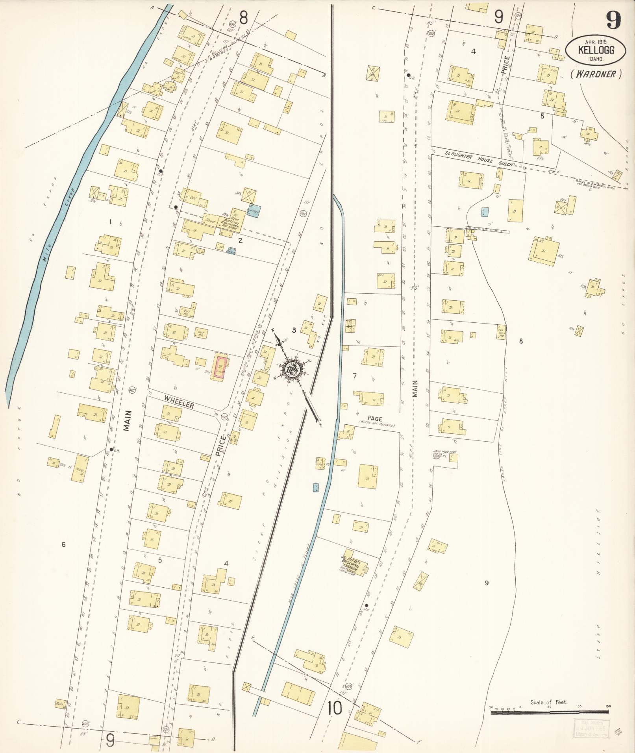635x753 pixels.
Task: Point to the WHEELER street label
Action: click(180, 402)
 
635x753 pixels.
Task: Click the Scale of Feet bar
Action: click(550, 712)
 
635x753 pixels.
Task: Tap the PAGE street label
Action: click(375, 418)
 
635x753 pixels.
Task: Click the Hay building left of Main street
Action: click(80, 468)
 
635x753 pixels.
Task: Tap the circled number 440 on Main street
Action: click(132, 390)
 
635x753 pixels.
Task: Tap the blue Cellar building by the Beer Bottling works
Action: click(254, 211)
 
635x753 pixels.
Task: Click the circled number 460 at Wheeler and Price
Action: click(224, 417)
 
